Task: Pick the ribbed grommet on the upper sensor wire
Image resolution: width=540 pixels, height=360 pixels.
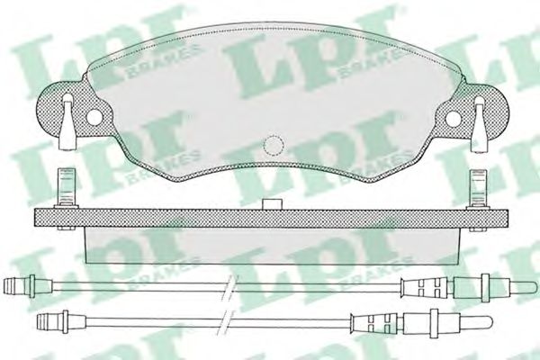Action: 427,288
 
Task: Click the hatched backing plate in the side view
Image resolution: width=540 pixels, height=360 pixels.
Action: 270,217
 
